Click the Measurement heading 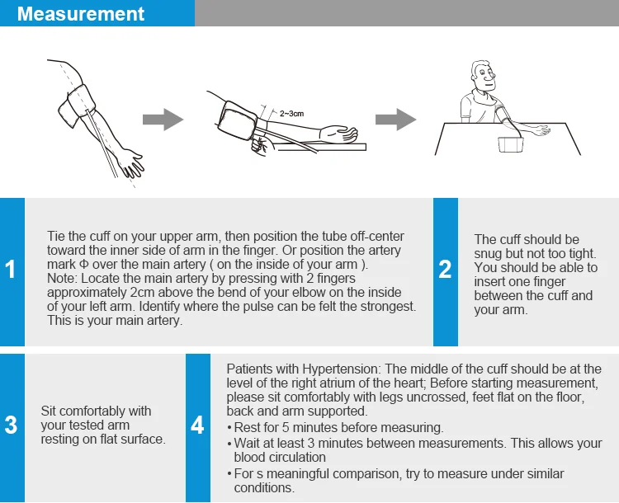(x=81, y=14)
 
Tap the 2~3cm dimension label (x=291, y=113)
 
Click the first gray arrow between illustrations (x=162, y=120)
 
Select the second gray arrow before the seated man (x=395, y=120)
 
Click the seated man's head (x=481, y=75)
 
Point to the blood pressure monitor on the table (x=511, y=144)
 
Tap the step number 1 (x=11, y=270)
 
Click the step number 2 (x=445, y=270)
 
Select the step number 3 (x=11, y=425)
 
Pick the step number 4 (x=197, y=425)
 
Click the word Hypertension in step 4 (x=337, y=369)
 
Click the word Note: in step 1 (x=62, y=279)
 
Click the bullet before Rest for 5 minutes (x=229, y=429)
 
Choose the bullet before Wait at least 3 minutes (x=229, y=444)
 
